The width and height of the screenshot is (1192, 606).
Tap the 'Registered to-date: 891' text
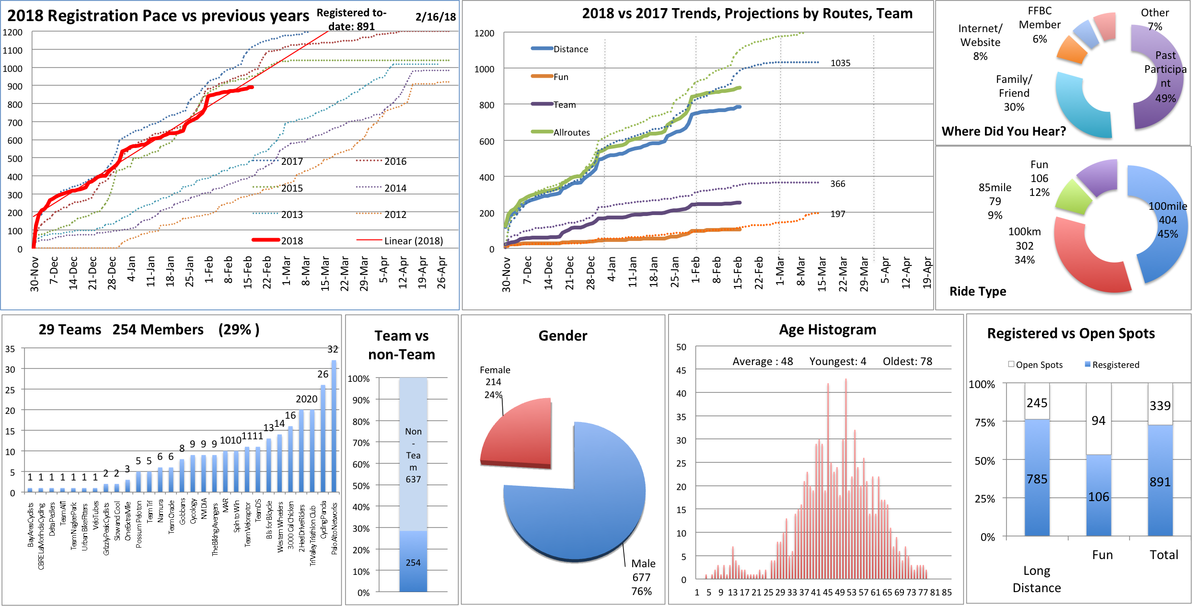click(351, 20)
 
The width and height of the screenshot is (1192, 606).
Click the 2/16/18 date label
click(435, 17)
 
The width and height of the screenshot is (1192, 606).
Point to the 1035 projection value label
click(840, 63)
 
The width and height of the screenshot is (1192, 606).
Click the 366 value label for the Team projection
click(837, 184)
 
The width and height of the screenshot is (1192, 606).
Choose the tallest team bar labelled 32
click(334, 426)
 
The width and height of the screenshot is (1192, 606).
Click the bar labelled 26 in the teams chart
click(323, 438)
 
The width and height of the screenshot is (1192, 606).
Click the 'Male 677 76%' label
click(642, 577)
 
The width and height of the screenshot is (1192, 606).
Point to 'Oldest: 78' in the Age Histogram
click(907, 362)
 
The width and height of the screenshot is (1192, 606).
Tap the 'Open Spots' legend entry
click(1035, 365)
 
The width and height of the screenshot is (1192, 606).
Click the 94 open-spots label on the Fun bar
click(1099, 421)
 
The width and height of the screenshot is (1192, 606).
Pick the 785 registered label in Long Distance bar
click(1037, 480)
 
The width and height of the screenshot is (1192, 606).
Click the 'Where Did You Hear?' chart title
click(1004, 132)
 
